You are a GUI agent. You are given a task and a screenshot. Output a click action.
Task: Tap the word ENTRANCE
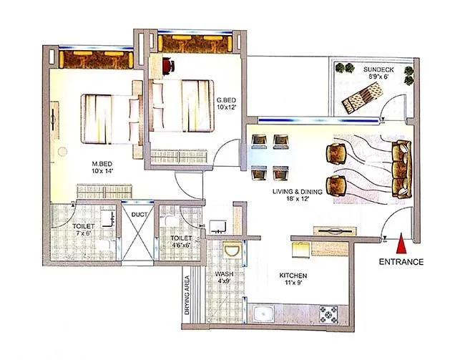coord(401,262)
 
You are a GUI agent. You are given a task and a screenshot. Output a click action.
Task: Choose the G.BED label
coord(226,103)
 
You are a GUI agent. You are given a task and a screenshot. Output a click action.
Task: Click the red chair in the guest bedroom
coord(167,66)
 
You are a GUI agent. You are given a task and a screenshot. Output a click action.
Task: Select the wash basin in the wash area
coord(230,252)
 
